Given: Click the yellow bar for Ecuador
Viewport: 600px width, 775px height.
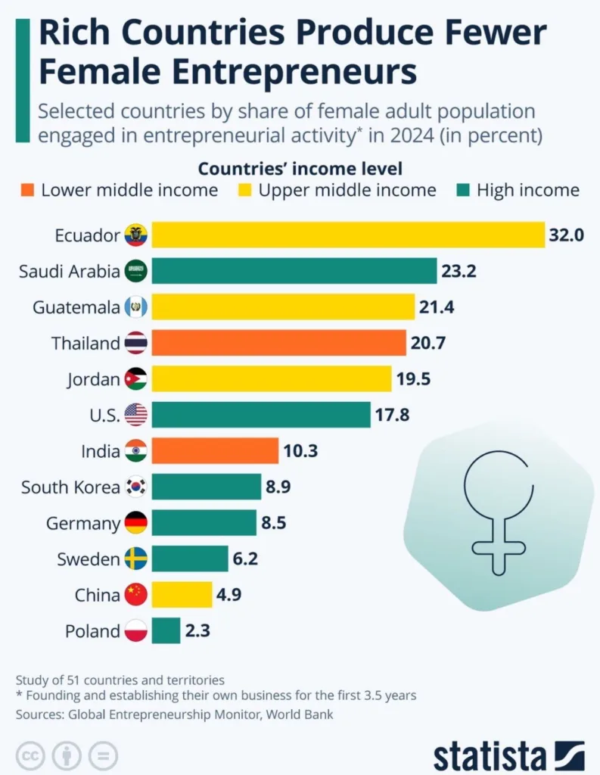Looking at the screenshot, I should pos(348,235).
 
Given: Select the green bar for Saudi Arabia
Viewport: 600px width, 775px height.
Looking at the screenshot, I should pos(294,271).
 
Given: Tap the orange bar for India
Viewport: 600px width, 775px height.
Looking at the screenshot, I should pos(215,451).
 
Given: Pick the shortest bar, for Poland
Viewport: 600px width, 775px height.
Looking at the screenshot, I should pos(166,630).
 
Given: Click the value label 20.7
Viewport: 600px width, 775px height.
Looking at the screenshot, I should pos(429,343).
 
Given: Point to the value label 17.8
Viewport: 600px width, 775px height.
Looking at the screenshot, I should pos(393,415).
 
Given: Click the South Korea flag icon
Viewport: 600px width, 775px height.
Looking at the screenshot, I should pos(136,487).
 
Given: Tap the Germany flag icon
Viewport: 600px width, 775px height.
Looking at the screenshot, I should pos(136,523).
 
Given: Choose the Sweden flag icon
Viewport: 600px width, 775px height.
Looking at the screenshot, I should pos(136,559).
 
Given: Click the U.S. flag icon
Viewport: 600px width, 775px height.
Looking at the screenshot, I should pos(136,415).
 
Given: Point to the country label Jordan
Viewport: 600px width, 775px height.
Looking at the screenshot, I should pos(93,379).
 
